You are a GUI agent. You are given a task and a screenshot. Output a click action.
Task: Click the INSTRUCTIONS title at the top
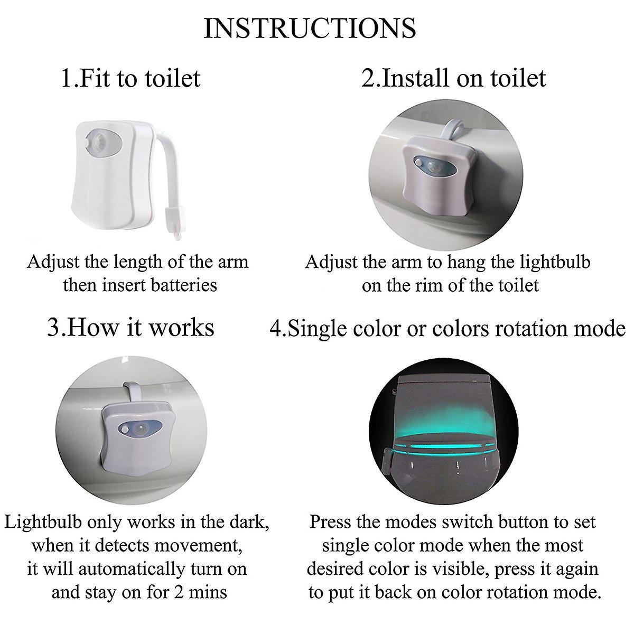[310, 28]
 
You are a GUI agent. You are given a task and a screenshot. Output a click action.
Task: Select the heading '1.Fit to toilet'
[130, 78]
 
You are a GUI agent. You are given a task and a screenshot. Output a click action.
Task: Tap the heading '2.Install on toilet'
[454, 78]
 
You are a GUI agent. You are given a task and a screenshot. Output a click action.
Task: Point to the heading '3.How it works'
[130, 327]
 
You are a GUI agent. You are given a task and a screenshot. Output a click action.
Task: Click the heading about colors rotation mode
[447, 329]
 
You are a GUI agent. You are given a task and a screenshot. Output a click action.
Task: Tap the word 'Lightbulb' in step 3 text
[42, 522]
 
